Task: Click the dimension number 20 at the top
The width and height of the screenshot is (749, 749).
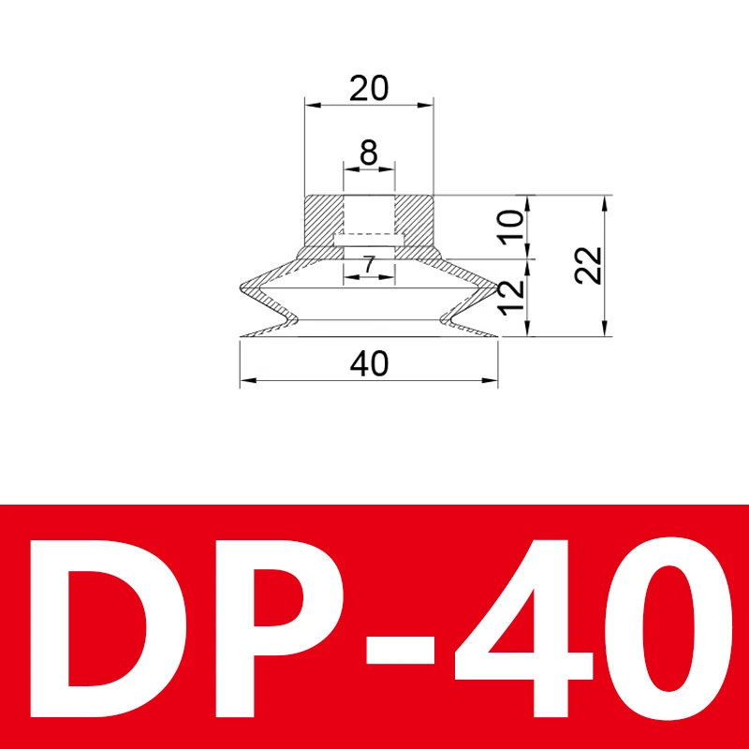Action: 369,89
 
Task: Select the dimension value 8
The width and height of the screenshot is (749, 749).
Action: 369,152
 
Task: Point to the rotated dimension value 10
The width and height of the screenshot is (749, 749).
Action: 510,228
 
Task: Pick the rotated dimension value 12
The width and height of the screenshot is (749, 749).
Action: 510,298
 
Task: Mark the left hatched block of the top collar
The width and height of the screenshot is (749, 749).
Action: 324,219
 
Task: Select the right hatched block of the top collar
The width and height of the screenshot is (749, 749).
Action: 414,219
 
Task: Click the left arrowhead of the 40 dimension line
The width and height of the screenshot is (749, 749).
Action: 246,380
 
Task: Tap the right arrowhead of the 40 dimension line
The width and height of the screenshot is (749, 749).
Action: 491,380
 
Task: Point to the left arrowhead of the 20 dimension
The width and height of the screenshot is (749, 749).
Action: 310,106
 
